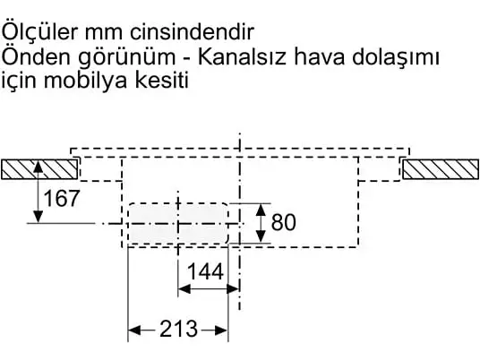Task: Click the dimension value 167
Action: (62, 198)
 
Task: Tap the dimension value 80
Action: (284, 222)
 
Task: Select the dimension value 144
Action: (205, 271)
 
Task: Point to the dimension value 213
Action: (179, 329)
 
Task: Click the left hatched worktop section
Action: (39, 169)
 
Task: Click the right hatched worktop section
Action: (441, 169)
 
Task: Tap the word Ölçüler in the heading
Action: (40, 31)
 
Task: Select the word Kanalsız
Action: (242, 57)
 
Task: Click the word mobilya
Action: (86, 81)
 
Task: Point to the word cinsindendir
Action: (192, 32)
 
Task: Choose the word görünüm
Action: (127, 58)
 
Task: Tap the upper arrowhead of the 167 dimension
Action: (38, 166)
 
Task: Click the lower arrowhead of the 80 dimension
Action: (261, 237)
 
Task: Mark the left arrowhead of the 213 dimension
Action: (134, 330)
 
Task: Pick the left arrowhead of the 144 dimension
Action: (184, 288)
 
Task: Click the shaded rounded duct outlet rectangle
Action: (178, 223)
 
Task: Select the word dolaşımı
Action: (396, 57)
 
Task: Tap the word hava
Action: (319, 57)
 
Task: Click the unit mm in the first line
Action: (104, 34)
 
